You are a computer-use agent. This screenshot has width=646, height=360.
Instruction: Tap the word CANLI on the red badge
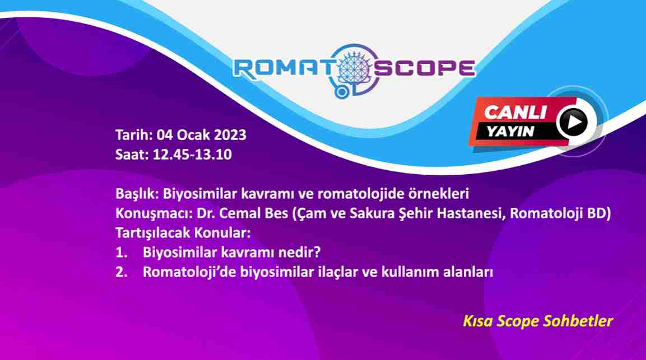click(515, 113)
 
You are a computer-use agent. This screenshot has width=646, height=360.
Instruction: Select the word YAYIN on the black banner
click(510, 132)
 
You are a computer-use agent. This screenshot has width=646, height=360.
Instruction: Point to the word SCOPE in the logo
click(424, 68)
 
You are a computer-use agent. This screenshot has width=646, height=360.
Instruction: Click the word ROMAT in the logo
click(284, 68)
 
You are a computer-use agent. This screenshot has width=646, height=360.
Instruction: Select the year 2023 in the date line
click(230, 135)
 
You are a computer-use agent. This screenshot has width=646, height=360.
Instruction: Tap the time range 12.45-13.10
click(192, 155)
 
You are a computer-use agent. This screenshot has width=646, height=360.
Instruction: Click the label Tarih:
click(134, 135)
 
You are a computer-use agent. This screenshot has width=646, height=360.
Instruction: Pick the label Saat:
click(132, 155)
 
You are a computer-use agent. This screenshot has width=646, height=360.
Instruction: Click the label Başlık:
click(137, 194)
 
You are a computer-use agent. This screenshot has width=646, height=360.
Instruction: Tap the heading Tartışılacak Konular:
click(183, 233)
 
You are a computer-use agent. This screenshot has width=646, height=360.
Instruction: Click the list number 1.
click(121, 252)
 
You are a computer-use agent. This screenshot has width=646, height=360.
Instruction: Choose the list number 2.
click(122, 272)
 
